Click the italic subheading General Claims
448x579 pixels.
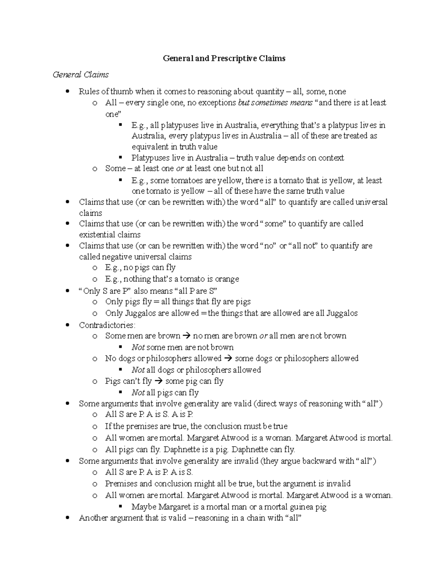pos(81,75)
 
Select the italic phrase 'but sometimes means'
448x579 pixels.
pos(275,103)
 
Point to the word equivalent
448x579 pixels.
pos(150,147)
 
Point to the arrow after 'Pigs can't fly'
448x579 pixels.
pos(158,381)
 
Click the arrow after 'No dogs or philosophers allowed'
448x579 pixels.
pos(228,359)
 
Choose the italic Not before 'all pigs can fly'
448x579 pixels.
pos(138,393)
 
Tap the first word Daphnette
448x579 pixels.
pos(181,450)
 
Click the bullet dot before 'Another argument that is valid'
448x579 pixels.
pos(68,517)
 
